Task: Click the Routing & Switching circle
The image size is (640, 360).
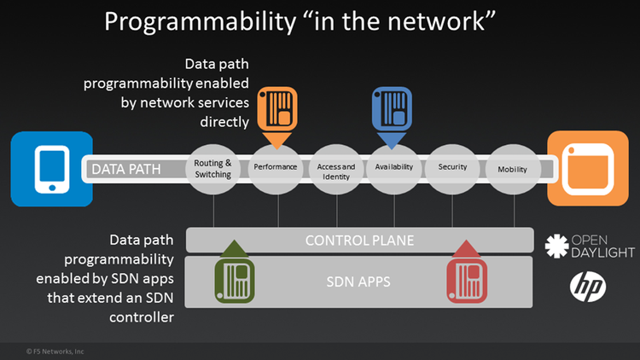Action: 213,168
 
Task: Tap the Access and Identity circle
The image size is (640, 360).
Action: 335,168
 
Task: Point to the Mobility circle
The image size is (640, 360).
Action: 512,168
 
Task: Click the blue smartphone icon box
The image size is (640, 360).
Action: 51,168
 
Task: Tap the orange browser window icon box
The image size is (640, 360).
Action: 586,168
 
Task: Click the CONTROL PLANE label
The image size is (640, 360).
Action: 359,241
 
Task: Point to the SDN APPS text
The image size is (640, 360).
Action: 359,280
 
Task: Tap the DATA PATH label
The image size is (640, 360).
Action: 126,169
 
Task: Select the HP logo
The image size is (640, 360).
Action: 588,287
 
